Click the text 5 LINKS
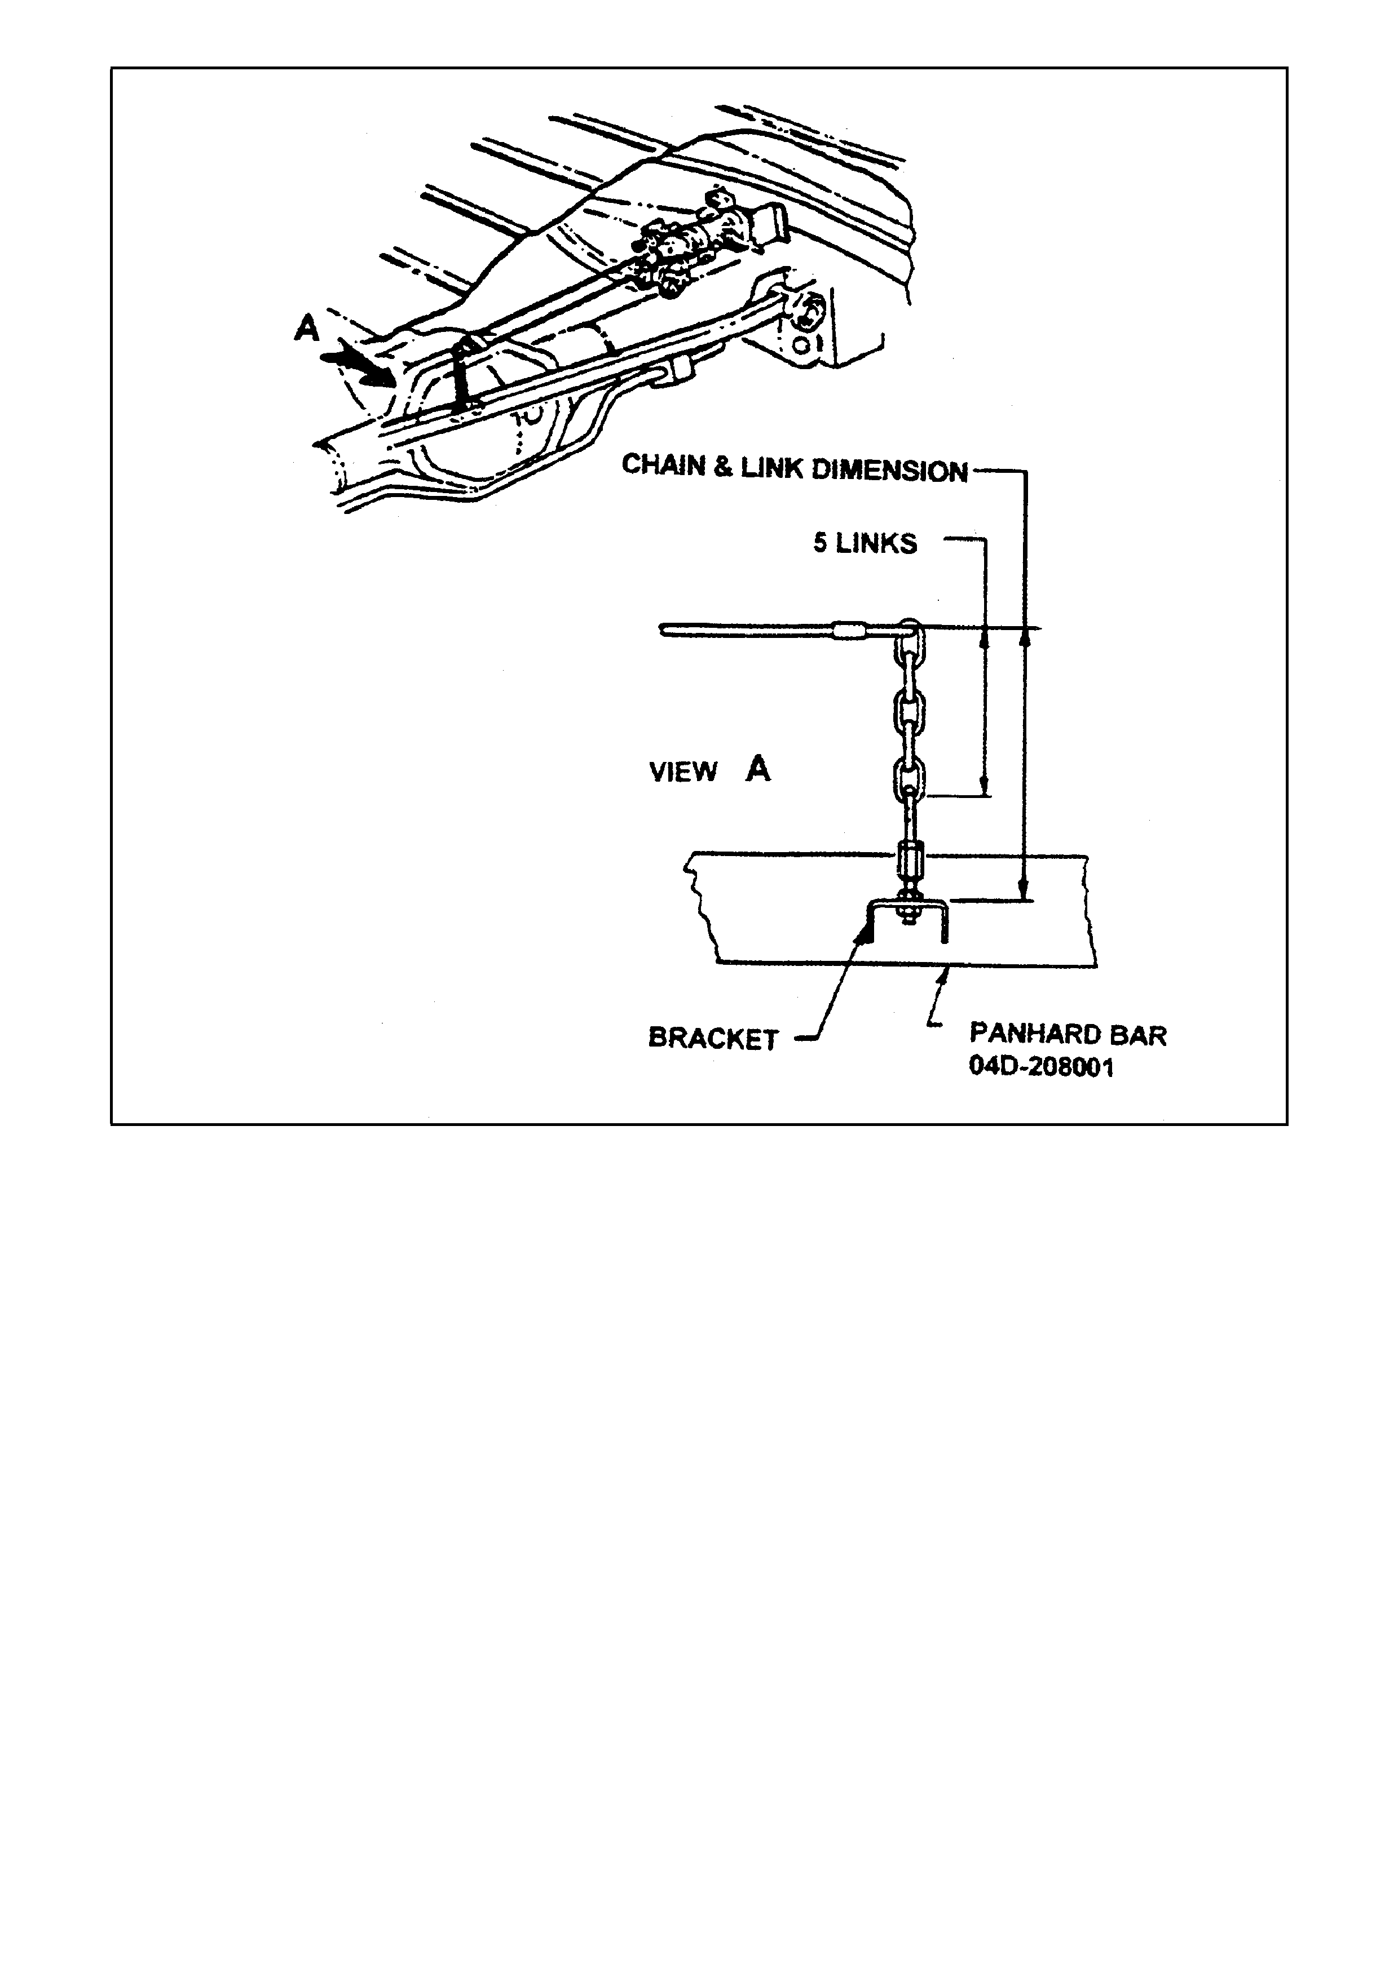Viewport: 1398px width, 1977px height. pyautogui.click(x=865, y=543)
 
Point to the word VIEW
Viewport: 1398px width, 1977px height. pyautogui.click(x=683, y=772)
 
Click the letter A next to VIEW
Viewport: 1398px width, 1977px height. pyautogui.click(x=758, y=768)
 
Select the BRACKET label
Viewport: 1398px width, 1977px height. pyautogui.click(x=713, y=1039)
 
